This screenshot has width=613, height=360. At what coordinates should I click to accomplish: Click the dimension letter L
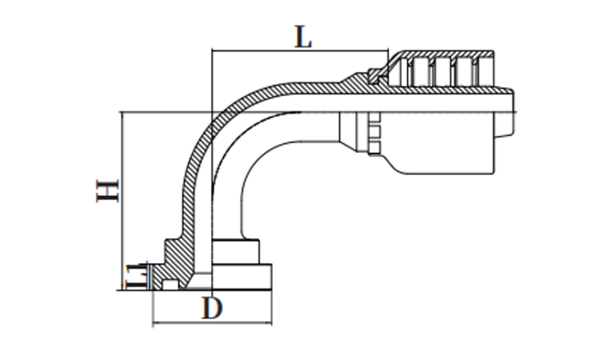point(303,36)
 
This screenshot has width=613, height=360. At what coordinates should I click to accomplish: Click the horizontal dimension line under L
point(302,52)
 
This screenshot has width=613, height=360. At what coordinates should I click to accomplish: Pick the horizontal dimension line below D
point(213,321)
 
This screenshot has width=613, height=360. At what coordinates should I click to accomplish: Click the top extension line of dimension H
point(164,112)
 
